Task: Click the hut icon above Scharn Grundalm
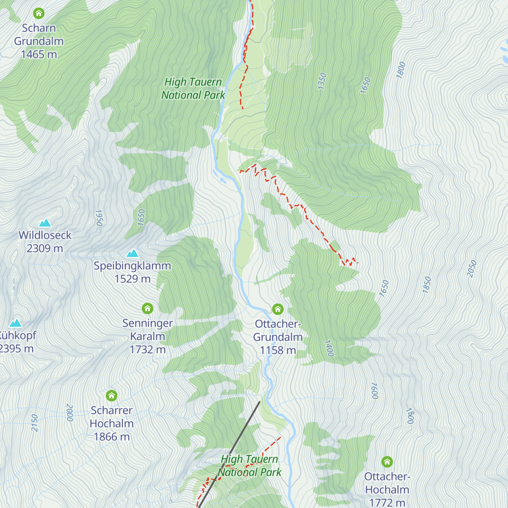(x=39, y=14)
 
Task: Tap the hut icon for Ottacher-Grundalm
(x=278, y=309)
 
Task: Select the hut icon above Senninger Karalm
(x=147, y=308)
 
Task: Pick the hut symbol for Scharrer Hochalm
(x=111, y=396)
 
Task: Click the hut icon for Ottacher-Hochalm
(x=387, y=462)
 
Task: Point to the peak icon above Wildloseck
(x=45, y=223)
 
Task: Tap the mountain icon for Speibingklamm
(x=133, y=253)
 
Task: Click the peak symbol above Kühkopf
(x=16, y=323)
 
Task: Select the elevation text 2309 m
(x=45, y=248)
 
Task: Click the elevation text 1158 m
(x=278, y=350)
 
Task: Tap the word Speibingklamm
(x=132, y=266)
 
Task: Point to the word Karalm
(x=147, y=337)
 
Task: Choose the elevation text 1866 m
(x=111, y=436)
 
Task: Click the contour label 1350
(x=322, y=81)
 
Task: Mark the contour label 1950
(x=99, y=218)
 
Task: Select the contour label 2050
(x=472, y=269)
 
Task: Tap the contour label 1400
(x=329, y=348)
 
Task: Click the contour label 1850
(x=427, y=284)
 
